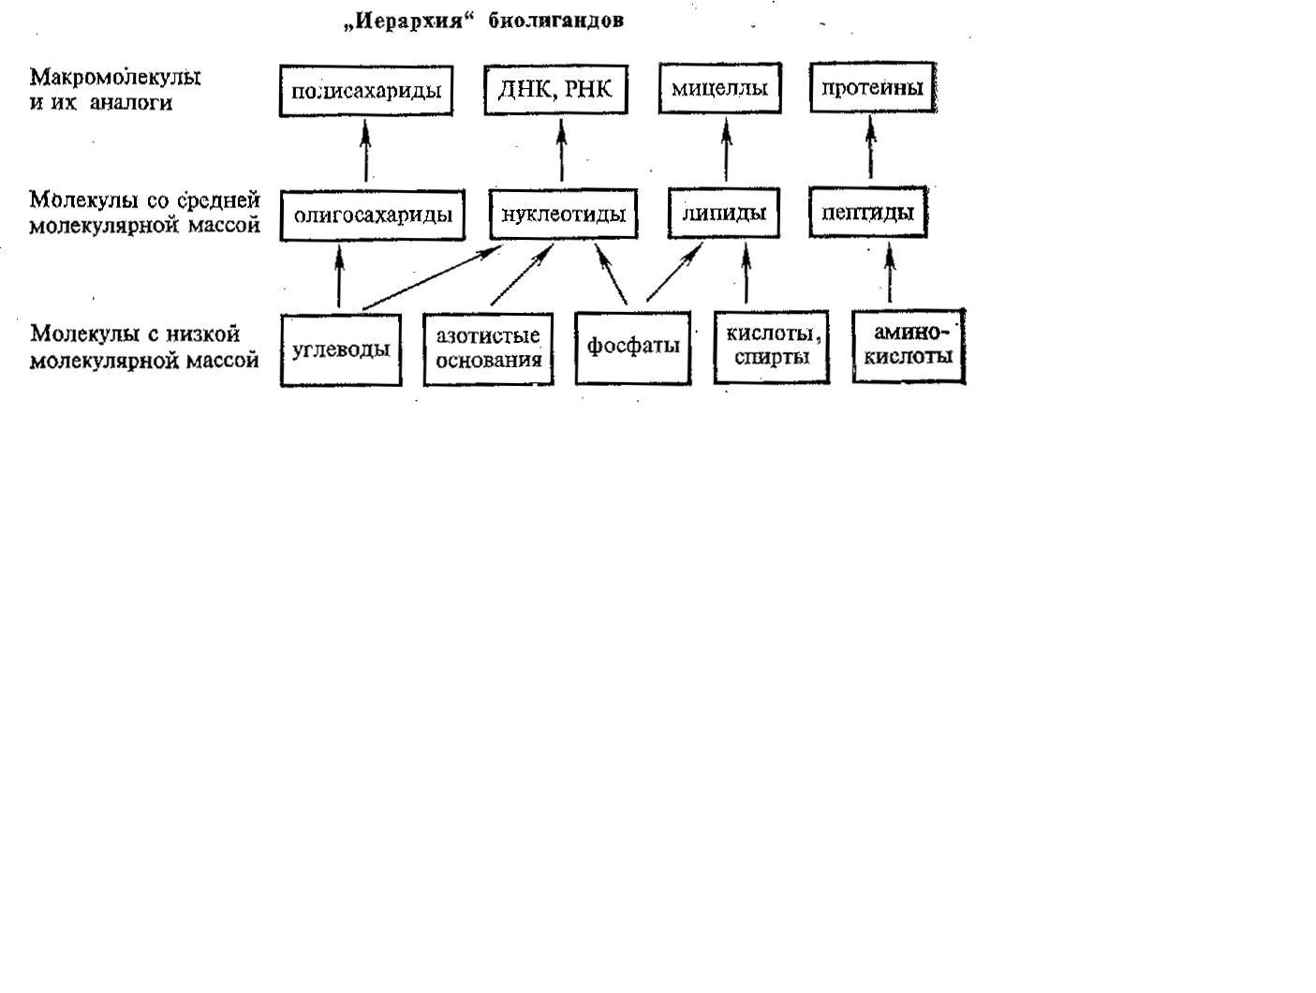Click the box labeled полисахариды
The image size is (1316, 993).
(366, 91)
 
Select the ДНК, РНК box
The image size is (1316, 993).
(555, 90)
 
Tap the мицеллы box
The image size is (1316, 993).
(719, 89)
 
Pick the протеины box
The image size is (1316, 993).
(872, 89)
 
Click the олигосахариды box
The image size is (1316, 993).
(373, 215)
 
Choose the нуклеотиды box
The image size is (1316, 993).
(563, 215)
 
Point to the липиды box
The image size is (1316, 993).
(724, 214)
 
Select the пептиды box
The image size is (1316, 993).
(868, 213)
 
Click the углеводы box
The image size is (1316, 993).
(341, 350)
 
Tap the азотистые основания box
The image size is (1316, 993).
(488, 349)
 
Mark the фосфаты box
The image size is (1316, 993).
(633, 348)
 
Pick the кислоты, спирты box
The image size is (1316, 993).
(772, 348)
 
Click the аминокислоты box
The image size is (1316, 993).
(909, 346)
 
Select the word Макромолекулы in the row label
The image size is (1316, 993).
(116, 77)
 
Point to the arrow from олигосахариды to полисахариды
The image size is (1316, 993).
(365, 150)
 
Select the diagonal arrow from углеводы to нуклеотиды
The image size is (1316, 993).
(431, 279)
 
